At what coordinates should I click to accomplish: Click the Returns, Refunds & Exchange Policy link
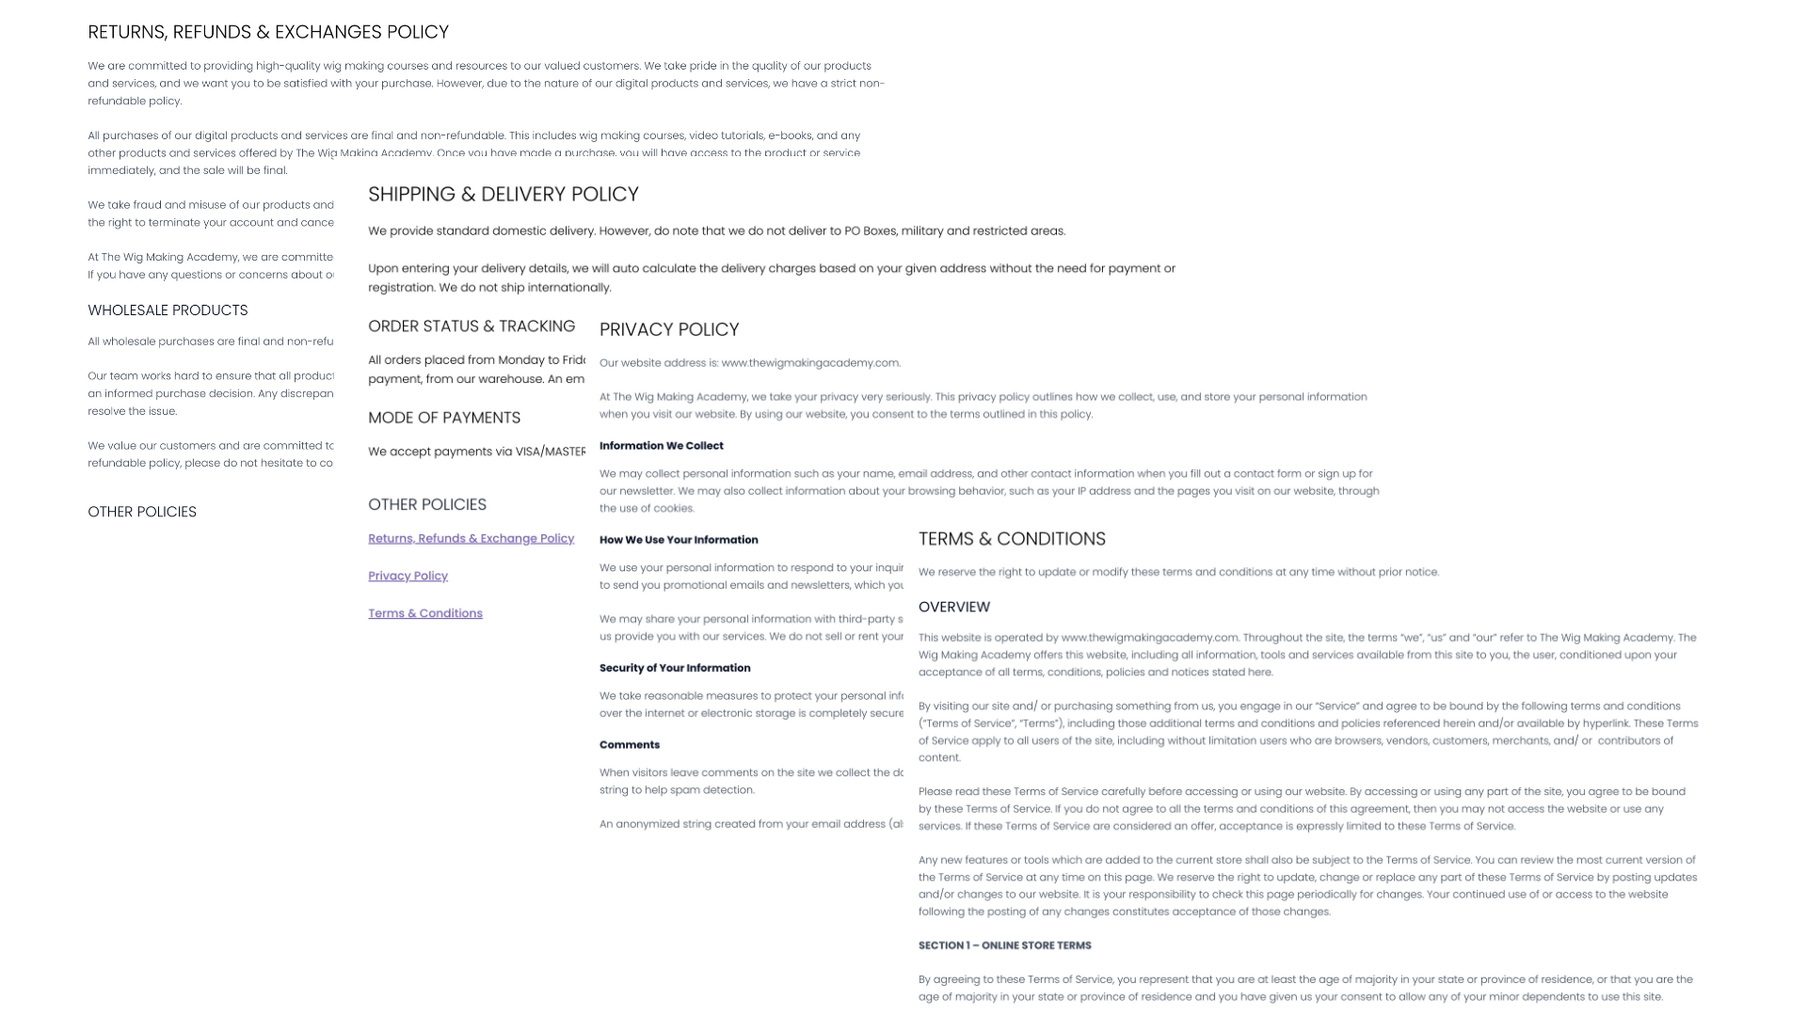point(471,538)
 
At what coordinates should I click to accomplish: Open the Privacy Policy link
point(408,576)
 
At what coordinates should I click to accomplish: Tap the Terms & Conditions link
point(424,613)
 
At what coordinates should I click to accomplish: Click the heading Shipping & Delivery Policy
point(503,195)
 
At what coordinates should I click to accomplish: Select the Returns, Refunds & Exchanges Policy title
point(268,32)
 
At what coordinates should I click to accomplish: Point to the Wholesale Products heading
point(168,310)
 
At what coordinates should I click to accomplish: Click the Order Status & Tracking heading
point(471,326)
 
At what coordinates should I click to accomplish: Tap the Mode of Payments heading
point(443,418)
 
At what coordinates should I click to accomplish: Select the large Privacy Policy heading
point(669,330)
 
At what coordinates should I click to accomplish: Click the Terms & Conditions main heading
point(1012,539)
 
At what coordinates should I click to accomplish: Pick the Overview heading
point(953,607)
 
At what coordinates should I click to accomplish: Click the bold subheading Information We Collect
point(661,446)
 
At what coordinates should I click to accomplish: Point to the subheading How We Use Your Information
point(678,540)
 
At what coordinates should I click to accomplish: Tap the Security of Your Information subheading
point(674,668)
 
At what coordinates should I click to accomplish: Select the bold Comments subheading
point(629,745)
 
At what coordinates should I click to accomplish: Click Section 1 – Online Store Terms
point(1004,945)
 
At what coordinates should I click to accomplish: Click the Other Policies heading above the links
point(426,504)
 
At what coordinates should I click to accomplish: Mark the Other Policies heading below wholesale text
point(142,512)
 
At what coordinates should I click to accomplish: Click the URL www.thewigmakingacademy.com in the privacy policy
point(810,363)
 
